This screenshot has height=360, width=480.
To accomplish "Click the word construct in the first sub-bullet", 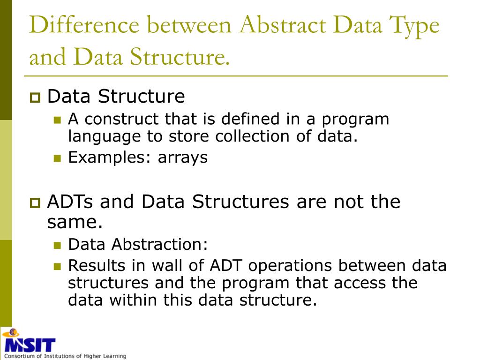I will click(122, 119).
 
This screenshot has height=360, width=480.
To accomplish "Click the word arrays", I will click(182, 157).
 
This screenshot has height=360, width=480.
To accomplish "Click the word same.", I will click(75, 222).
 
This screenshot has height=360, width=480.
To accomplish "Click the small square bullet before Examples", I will click(57, 158).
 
